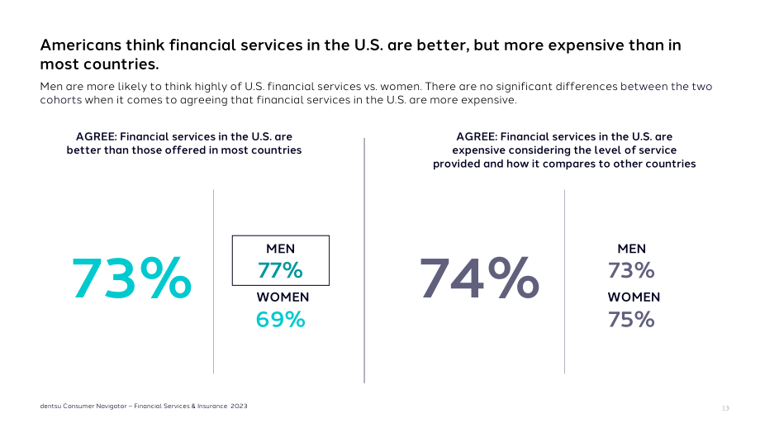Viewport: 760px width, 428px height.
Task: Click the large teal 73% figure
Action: pos(131,278)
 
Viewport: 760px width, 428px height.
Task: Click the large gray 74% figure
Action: pos(479,278)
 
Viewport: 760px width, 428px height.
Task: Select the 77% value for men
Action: pos(280,270)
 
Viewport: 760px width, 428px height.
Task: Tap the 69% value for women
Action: pos(280,320)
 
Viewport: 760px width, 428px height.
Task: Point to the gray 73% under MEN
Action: pos(631,270)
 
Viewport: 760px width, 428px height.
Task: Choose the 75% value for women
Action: pos(631,320)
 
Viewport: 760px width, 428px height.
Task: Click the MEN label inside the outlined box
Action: pos(280,249)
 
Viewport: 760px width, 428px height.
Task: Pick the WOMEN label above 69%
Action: pos(283,297)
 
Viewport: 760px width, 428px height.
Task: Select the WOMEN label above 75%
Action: pos(634,297)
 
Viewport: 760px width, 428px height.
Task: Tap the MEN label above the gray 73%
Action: pos(632,249)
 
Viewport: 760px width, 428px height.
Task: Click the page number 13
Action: pos(725,408)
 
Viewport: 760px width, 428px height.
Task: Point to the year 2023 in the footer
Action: pos(239,407)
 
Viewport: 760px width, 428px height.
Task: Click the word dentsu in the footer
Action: pos(50,407)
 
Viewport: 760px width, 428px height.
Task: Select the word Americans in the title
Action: pos(80,45)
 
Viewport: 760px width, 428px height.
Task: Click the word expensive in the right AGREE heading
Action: pos(477,150)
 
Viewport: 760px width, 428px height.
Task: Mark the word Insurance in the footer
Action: pos(211,407)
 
